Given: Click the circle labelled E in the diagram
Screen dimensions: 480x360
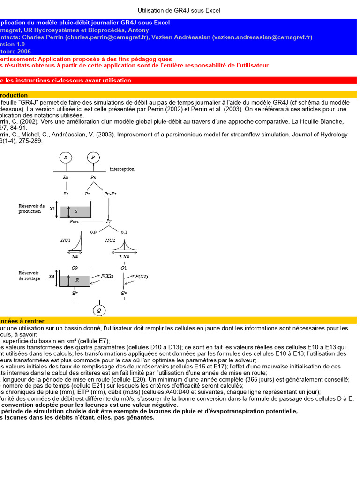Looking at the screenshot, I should [65, 158].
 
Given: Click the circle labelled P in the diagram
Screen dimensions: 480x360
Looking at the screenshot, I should [93, 158].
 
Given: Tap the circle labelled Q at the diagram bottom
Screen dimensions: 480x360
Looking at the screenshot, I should [98, 310].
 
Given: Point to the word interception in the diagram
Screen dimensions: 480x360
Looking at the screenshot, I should [122, 169].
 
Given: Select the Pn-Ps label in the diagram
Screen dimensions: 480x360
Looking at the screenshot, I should [110, 193].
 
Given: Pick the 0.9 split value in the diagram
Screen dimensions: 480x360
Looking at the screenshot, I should [93, 232].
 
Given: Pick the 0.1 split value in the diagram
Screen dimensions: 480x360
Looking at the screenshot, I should [124, 232].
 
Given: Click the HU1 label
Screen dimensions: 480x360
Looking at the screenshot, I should [66, 240].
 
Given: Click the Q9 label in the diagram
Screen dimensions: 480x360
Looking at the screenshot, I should [75, 268].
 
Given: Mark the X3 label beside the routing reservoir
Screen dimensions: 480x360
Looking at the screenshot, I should [52, 277].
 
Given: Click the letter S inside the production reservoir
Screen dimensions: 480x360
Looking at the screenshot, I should [76, 211].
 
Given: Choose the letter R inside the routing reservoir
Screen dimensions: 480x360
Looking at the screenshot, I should [77, 280].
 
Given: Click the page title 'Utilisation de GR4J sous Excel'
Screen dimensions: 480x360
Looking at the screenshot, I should [179, 10].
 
